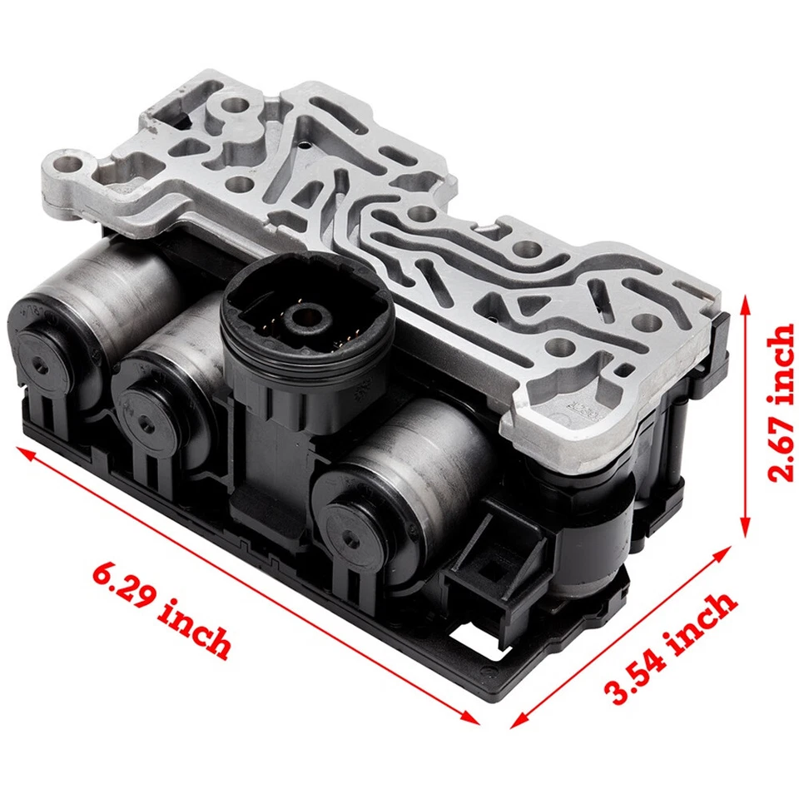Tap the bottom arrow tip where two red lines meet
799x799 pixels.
coord(491,722)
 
